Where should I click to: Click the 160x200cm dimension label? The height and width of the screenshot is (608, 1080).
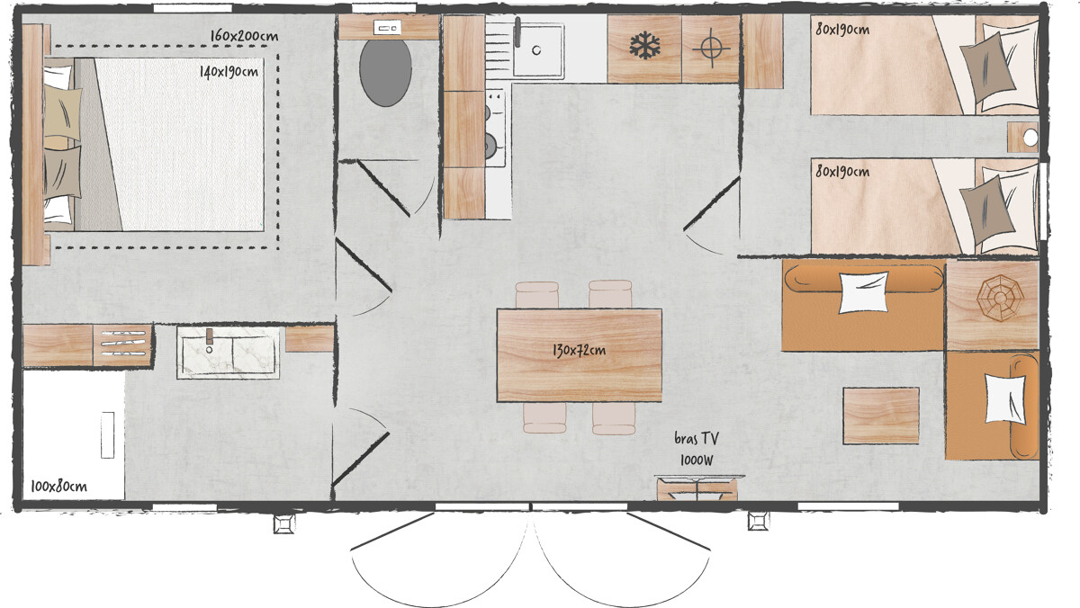tap(244, 36)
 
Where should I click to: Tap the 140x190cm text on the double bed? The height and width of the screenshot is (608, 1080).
tap(229, 72)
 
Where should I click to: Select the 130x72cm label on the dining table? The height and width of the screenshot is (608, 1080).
tap(579, 350)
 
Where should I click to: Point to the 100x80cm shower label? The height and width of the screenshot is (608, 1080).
tap(58, 486)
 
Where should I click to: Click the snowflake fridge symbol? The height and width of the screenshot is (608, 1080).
tap(644, 46)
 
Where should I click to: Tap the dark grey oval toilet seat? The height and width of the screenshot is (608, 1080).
tap(385, 72)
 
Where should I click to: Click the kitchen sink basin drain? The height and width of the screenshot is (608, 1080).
tap(536, 49)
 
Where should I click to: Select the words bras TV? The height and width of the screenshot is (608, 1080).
tap(697, 438)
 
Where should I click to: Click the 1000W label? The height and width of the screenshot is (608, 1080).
tap(697, 460)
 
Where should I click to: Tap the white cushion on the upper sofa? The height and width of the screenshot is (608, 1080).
tap(863, 292)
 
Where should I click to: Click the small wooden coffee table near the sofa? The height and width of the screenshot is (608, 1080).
tap(881, 416)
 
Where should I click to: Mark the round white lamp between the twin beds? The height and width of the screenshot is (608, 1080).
tap(1030, 138)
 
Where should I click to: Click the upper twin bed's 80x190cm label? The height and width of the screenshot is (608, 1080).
tap(842, 30)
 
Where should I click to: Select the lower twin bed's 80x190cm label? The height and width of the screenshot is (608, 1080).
tap(842, 172)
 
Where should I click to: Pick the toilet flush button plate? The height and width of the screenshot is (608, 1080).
tap(388, 28)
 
